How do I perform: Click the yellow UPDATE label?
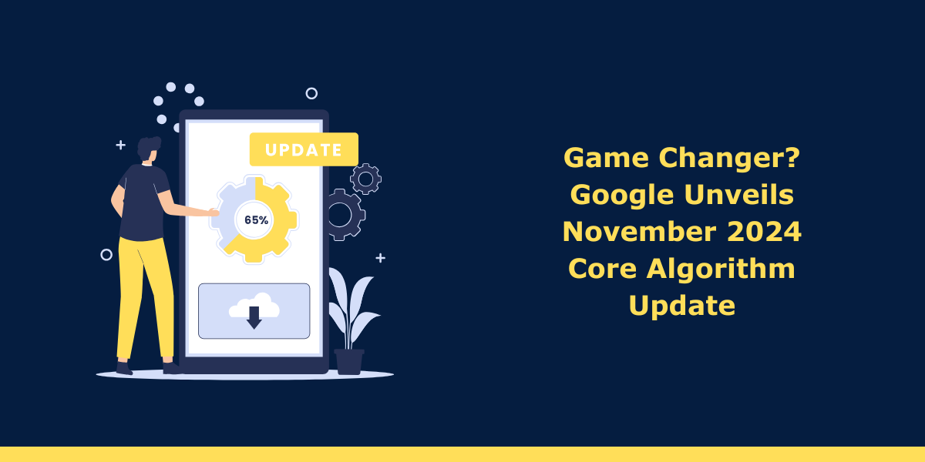tap(304, 149)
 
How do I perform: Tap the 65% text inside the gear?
tap(257, 220)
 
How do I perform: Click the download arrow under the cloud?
tap(254, 317)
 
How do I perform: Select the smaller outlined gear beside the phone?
tap(365, 179)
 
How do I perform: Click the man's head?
tap(149, 149)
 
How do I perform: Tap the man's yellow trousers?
tap(145, 298)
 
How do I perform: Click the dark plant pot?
tap(349, 362)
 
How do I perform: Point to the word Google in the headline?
tap(622, 196)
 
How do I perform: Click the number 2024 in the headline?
tap(765, 232)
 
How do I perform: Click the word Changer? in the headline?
tap(730, 159)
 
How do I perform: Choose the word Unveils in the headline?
tap(739, 194)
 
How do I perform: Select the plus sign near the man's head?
tap(120, 146)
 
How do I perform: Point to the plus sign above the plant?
tap(380, 258)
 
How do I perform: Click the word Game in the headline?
tap(606, 158)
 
